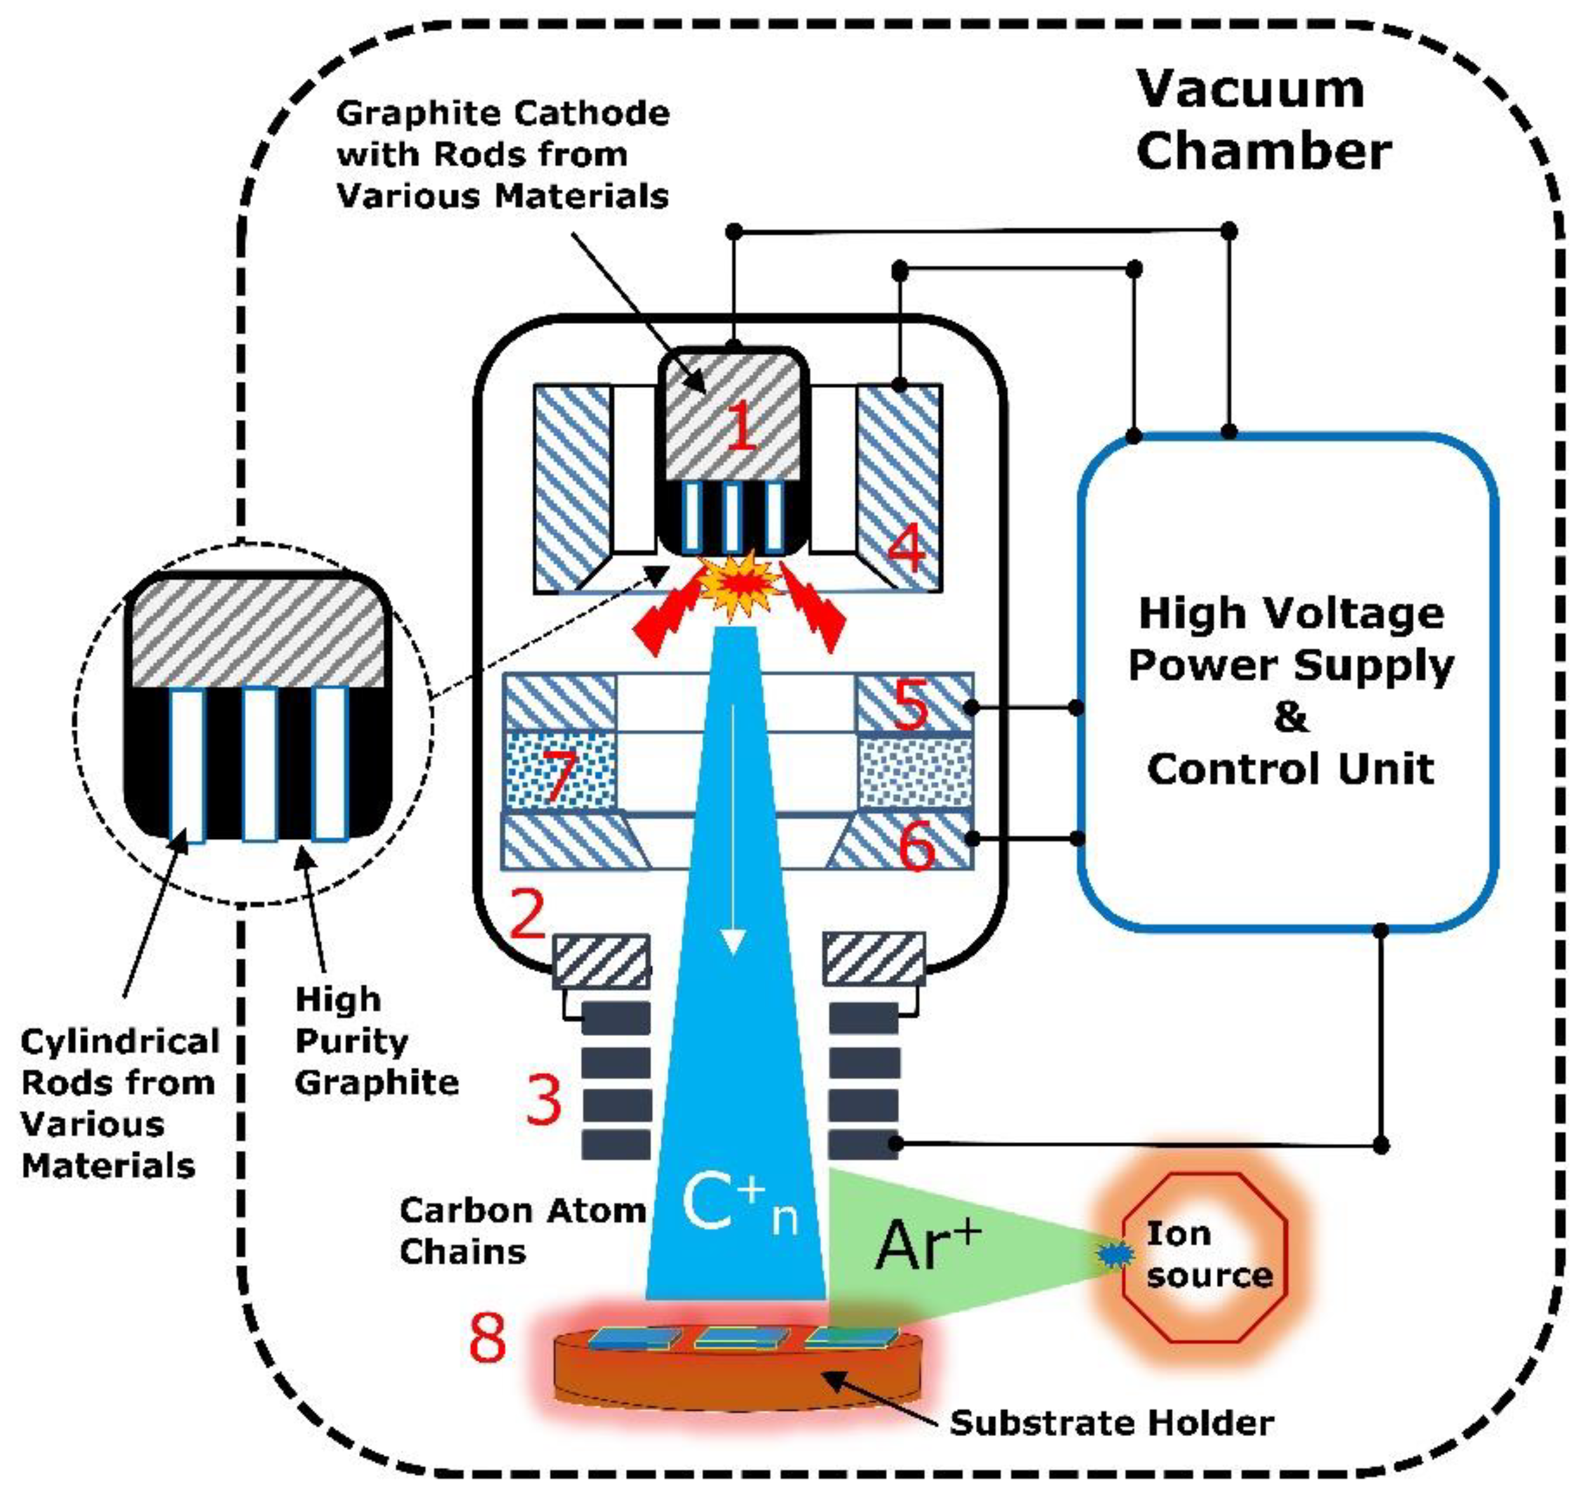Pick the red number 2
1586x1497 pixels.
pyautogui.click(x=527, y=915)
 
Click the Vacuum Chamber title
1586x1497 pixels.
pyautogui.click(x=1263, y=119)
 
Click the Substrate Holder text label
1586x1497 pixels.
pyautogui.click(x=1111, y=1423)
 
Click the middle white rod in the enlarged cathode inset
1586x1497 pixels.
pyautogui.click(x=259, y=763)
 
